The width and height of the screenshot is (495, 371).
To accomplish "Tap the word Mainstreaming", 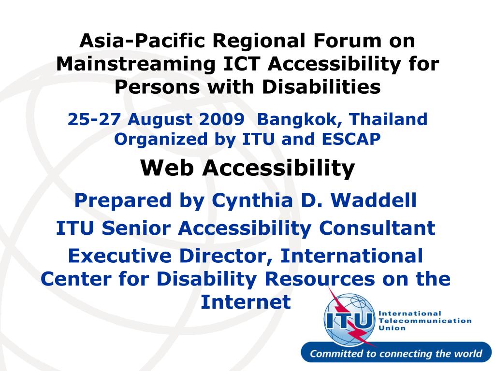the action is coord(136,64).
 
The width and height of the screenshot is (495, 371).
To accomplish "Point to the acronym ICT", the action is coord(242,64).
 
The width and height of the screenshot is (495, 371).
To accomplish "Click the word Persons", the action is coord(157,87).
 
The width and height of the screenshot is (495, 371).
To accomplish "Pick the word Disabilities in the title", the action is coord(321,87).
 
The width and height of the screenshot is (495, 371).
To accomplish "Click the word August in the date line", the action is coord(160,120).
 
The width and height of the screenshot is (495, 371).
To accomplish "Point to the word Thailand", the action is coord(388,119).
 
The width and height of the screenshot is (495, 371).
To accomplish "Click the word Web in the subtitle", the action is coord(167,168).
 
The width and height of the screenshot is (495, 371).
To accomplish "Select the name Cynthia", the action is coord(252,201).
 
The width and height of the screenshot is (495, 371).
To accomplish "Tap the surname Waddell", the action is coord(374,200).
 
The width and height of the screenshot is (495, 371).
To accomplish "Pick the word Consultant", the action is coord(377,228).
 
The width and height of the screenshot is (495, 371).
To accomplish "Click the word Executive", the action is coord(120,256).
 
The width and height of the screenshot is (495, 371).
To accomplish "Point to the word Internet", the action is coord(246,302).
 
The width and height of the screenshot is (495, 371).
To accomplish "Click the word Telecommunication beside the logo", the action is coord(425,321).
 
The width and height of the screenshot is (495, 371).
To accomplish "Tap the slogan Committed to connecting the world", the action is coord(396,353).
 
